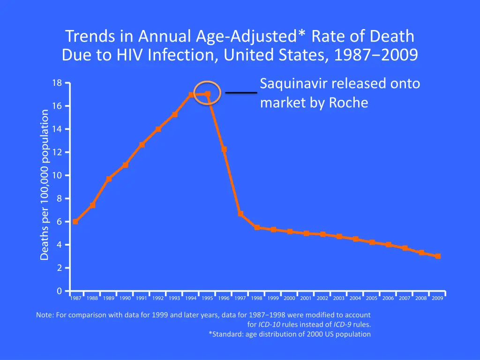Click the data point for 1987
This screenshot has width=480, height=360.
click(75, 222)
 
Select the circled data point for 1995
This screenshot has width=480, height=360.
click(207, 94)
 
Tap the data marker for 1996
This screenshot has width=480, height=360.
click(224, 150)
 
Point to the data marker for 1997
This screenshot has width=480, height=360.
click(240, 214)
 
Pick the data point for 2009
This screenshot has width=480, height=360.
click(438, 256)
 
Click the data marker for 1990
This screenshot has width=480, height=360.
click(125, 165)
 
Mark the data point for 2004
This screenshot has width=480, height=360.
click(356, 239)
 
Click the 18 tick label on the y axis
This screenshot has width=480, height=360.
click(57, 83)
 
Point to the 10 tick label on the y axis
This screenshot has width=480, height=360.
click(57, 176)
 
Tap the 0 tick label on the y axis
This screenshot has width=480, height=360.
click(59, 291)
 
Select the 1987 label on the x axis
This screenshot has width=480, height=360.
click(75, 299)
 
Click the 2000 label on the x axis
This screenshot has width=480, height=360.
click(289, 299)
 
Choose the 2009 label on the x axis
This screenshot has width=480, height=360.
click(437, 299)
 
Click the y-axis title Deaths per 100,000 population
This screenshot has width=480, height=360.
click(45, 185)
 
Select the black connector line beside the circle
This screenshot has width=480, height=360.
click(241, 93)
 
